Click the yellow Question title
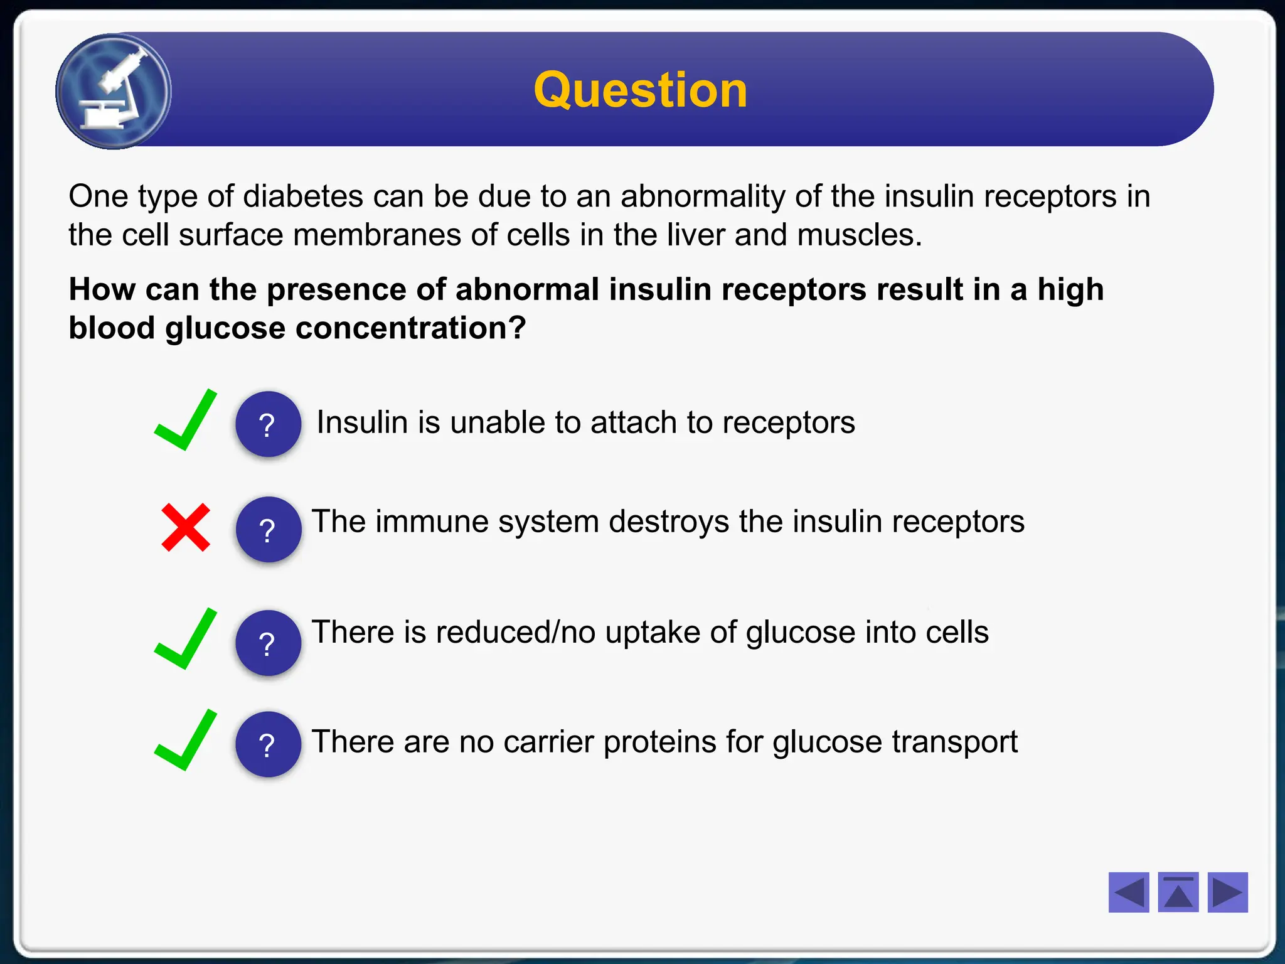click(640, 90)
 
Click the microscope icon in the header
click(114, 92)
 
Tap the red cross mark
click(186, 527)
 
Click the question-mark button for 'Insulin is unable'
click(268, 424)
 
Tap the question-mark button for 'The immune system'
click(268, 529)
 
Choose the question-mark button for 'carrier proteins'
click(268, 744)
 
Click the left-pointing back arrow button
click(1128, 892)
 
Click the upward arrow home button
click(1178, 892)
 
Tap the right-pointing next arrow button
click(1227, 892)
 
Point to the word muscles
click(859, 235)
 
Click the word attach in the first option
click(634, 422)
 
